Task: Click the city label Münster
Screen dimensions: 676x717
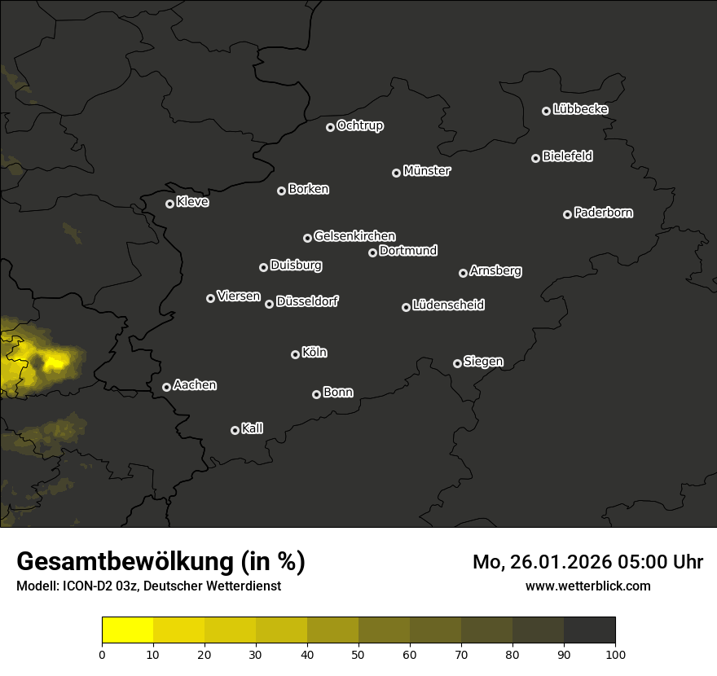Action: (427, 171)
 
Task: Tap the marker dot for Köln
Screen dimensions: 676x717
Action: (295, 354)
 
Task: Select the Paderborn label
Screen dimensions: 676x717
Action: (604, 213)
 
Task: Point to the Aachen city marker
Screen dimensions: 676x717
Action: (166, 387)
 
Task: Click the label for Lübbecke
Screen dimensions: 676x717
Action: (580, 109)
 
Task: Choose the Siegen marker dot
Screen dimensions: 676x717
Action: (457, 363)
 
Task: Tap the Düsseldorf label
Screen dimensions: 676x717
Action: (307, 301)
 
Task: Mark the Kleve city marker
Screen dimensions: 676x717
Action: (169, 204)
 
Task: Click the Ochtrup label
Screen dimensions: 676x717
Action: (360, 125)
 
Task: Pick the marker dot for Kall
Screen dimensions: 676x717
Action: (235, 430)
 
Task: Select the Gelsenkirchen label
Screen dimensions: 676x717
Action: (354, 236)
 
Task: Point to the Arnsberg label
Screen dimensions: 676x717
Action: (495, 270)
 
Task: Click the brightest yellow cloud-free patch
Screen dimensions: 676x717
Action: (55, 361)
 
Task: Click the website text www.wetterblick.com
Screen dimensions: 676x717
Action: (587, 586)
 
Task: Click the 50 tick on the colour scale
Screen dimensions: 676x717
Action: (358, 653)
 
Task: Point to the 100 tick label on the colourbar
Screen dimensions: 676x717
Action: (615, 653)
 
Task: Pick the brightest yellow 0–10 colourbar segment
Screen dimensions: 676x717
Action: (128, 630)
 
